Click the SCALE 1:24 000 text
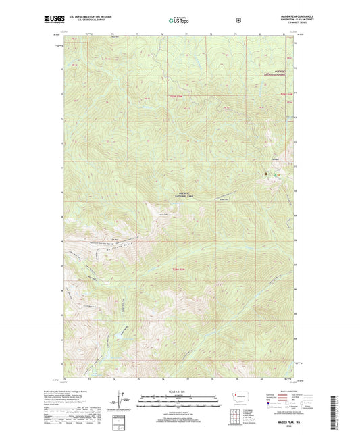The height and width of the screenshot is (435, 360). [179, 385]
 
